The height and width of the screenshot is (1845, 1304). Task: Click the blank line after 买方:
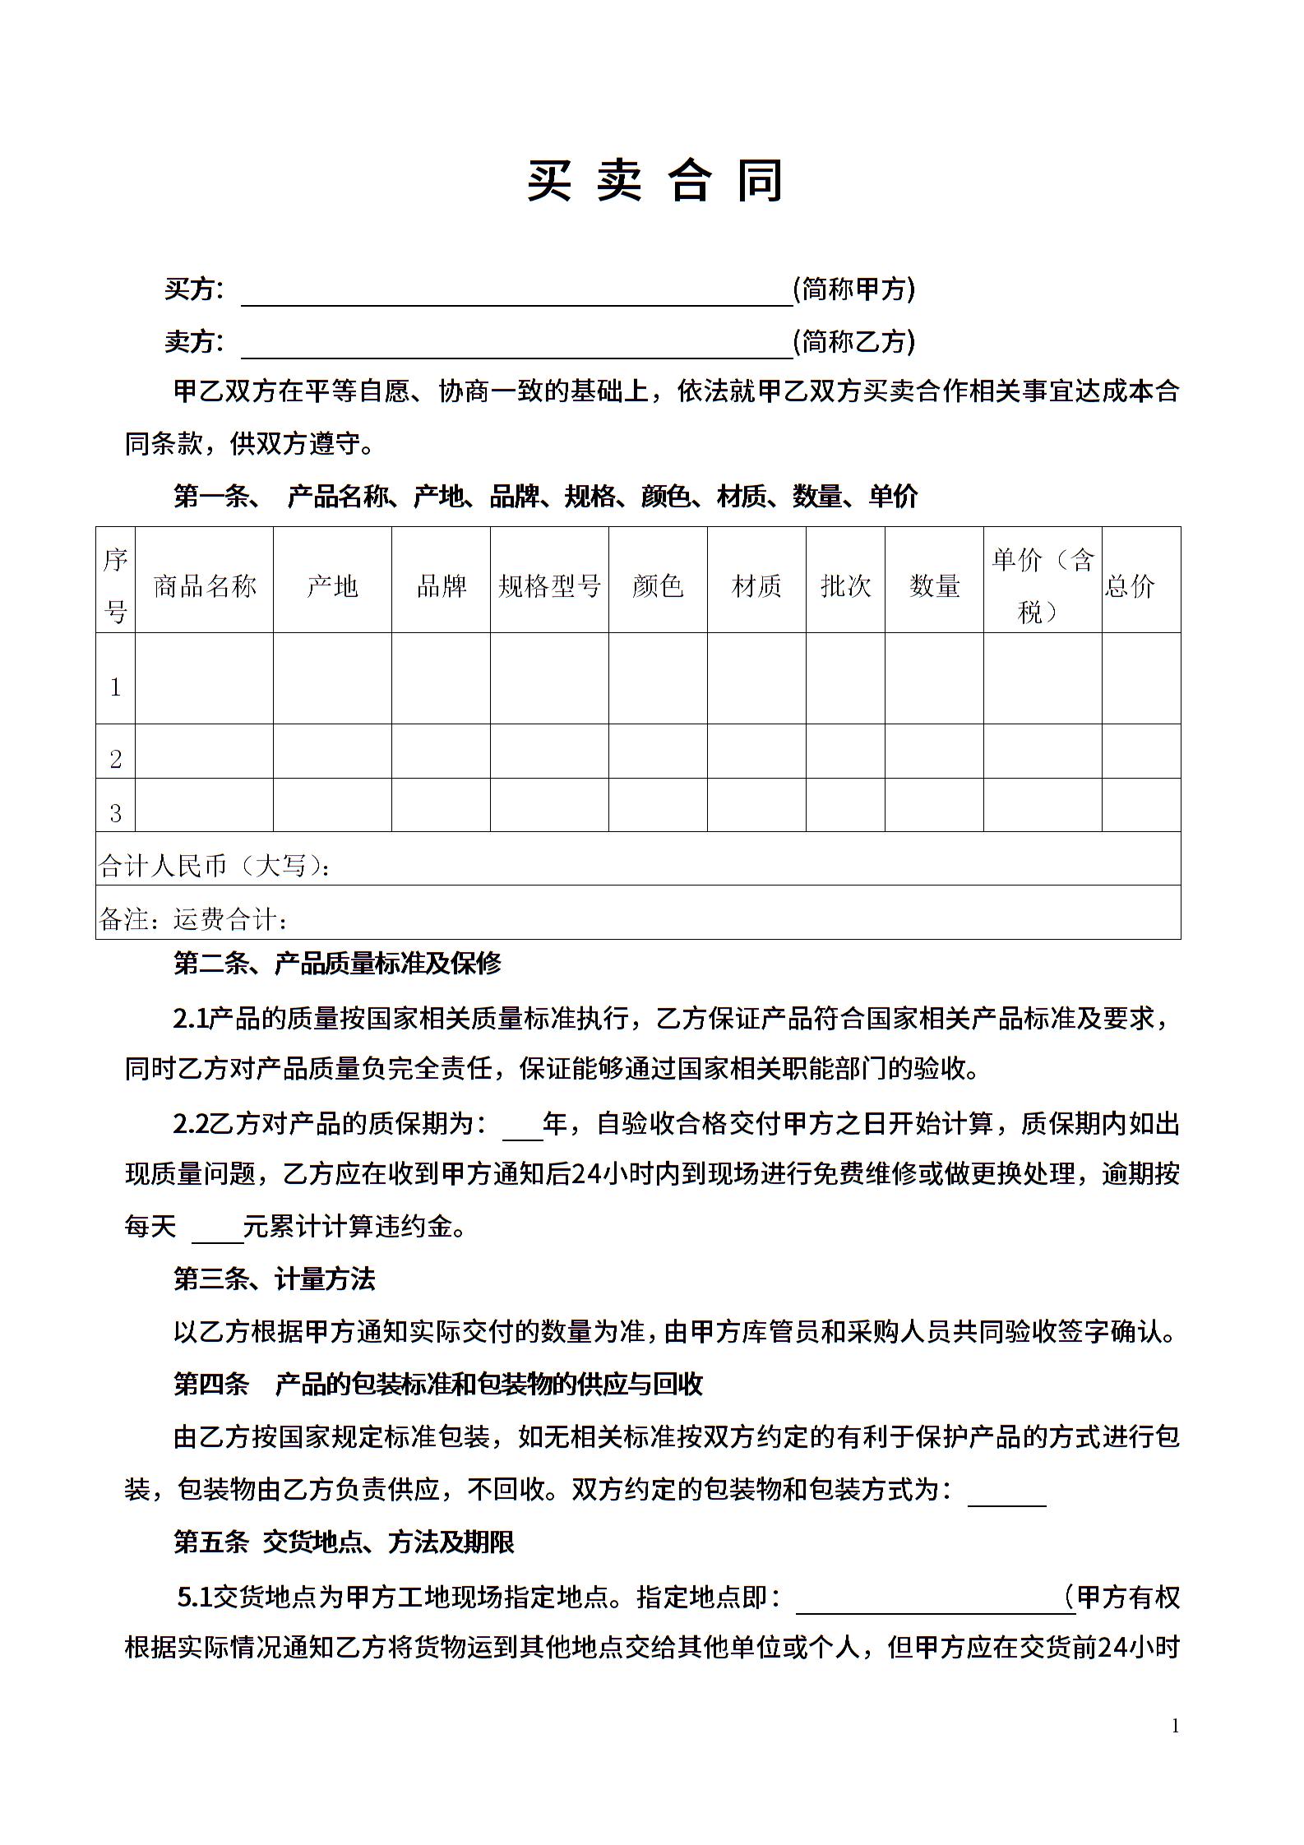coord(516,292)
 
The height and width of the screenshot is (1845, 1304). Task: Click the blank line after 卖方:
coord(516,344)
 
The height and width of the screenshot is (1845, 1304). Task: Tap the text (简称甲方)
coord(854,289)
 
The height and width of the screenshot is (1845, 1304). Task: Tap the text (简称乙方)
coord(854,341)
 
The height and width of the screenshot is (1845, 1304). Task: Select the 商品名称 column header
coord(205,585)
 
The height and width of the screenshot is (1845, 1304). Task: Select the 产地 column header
coord(332,585)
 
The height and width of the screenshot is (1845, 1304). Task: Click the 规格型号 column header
coord(549,585)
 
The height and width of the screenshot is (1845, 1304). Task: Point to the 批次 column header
coord(845,585)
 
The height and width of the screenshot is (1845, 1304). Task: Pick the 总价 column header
coord(1131,585)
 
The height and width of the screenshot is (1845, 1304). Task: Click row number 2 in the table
coord(115,758)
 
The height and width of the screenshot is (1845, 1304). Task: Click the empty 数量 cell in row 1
coord(934,678)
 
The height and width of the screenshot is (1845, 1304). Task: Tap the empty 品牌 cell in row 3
coord(441,805)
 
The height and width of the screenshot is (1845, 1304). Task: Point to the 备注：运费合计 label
coord(194,918)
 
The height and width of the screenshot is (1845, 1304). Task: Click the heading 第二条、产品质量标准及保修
coord(337,963)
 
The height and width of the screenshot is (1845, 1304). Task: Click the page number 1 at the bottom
coord(1175,1727)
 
